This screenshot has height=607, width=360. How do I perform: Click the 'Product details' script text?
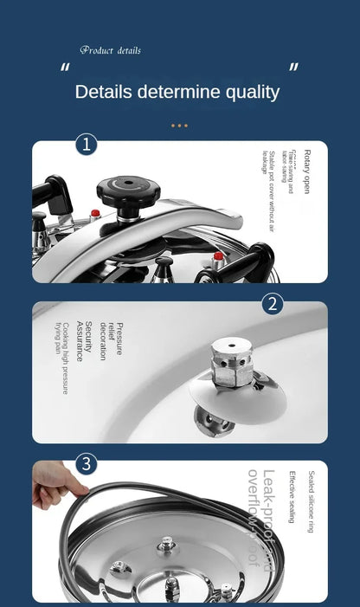(110, 50)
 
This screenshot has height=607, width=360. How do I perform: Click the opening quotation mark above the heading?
(65, 69)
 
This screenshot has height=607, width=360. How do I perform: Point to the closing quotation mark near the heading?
(293, 68)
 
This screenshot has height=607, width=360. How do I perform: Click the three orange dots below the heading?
(179, 126)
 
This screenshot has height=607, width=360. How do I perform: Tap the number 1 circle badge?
(86, 144)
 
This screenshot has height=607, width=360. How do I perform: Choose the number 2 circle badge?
(273, 304)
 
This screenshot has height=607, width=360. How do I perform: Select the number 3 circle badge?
(86, 463)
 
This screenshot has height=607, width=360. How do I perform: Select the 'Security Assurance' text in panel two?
(83, 341)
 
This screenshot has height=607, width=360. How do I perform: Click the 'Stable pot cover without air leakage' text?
(268, 190)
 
